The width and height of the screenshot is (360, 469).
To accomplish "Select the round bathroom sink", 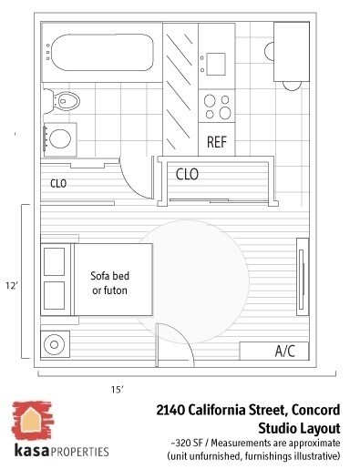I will [59, 138].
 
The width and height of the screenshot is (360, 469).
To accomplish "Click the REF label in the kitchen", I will [217, 142].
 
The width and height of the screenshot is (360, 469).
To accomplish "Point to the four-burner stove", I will [217, 107].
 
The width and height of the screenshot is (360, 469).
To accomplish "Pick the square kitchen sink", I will [217, 63].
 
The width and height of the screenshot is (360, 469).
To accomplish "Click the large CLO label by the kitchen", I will [188, 173].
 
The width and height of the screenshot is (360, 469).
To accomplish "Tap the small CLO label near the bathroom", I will [58, 183].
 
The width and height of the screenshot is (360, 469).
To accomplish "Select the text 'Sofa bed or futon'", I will [108, 282].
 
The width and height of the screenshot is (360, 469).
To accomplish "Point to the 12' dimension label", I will [12, 285].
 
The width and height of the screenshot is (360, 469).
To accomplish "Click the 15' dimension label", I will [118, 389].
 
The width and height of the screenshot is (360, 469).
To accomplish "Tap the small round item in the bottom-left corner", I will [55, 345].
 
